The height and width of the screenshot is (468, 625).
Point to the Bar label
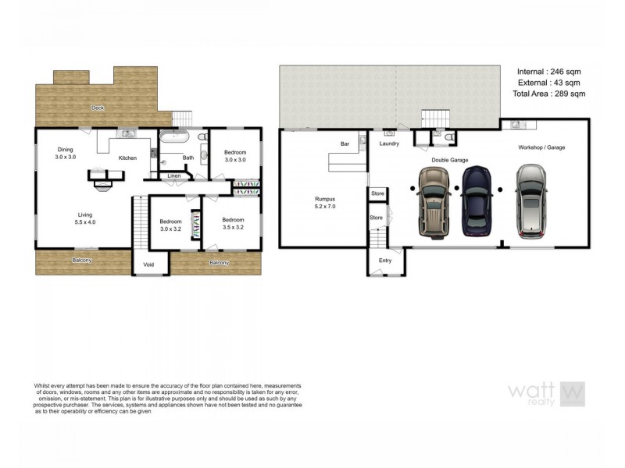click(344, 144)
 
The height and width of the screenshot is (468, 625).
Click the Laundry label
click(389, 144)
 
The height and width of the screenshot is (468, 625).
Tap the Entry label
click(385, 261)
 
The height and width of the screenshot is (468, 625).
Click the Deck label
click(98, 108)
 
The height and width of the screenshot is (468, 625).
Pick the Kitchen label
click(127, 158)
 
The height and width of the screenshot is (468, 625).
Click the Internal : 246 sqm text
click(548, 72)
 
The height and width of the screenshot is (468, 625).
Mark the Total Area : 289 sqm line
click(548, 94)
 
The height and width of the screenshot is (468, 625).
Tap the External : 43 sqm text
click(548, 83)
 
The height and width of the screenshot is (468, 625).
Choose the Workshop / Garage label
click(541, 147)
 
